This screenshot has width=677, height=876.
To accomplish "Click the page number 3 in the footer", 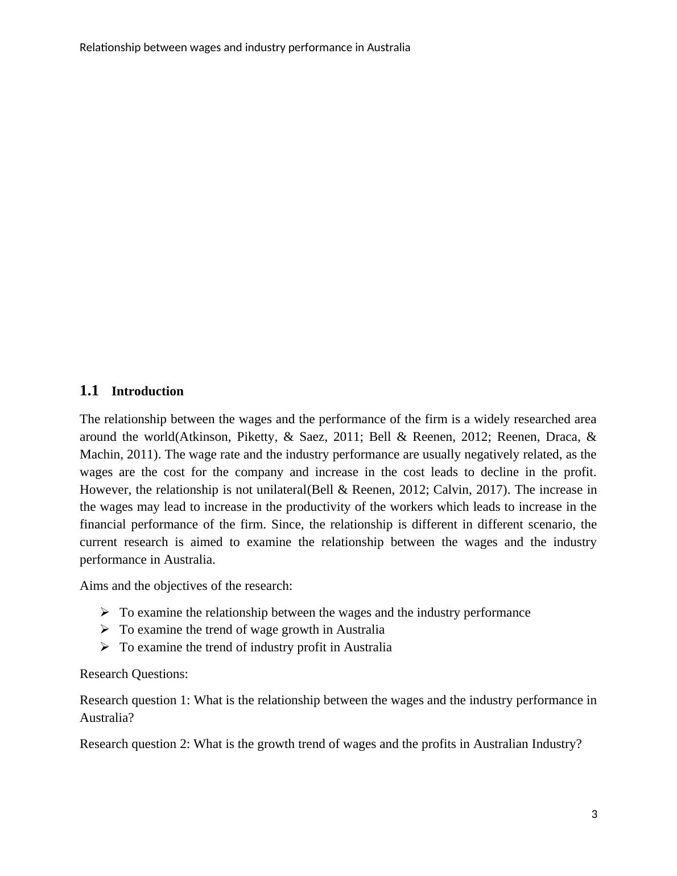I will pos(595,815).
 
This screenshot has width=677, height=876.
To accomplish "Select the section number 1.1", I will pos(89,391).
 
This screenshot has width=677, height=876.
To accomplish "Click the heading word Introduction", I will pos(147,391).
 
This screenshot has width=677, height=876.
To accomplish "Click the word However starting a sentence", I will pos(98,490).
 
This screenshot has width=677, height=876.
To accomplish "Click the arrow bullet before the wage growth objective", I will pos(105,630).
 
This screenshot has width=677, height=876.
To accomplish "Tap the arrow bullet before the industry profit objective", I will pos(105,647).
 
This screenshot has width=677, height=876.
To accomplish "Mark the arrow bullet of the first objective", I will pos(105,613).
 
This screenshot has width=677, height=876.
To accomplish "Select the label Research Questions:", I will pos(134,674).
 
